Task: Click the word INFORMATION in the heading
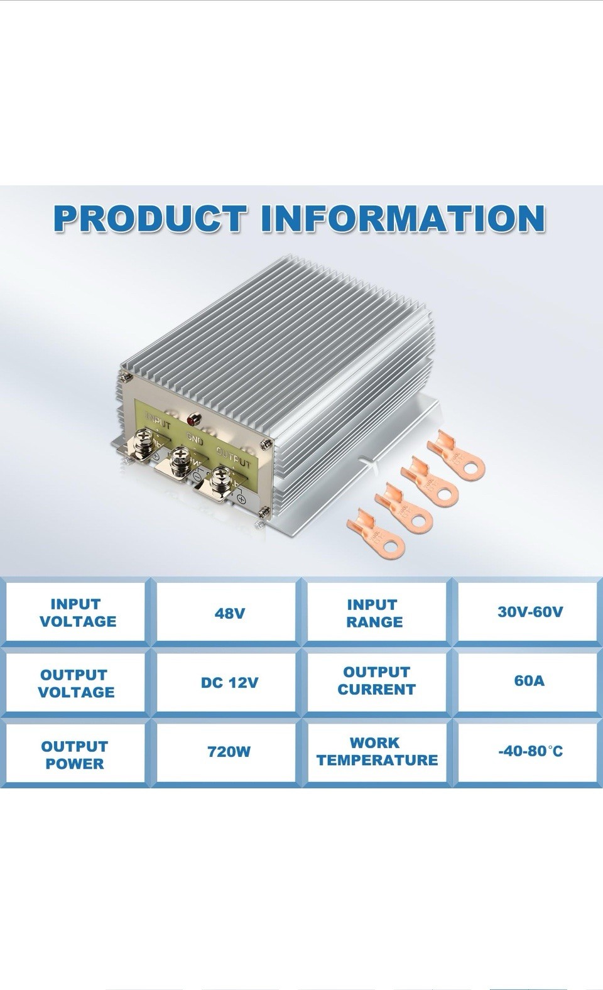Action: (402, 219)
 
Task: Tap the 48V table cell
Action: (229, 613)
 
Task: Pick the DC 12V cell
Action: (229, 683)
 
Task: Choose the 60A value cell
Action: (529, 681)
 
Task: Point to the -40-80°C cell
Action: (530, 751)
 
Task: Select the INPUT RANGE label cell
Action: (374, 614)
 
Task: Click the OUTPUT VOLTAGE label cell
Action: (76, 683)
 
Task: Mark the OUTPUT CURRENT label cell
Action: (376, 681)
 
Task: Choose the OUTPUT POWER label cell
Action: (74, 755)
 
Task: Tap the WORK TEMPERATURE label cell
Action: (377, 751)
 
